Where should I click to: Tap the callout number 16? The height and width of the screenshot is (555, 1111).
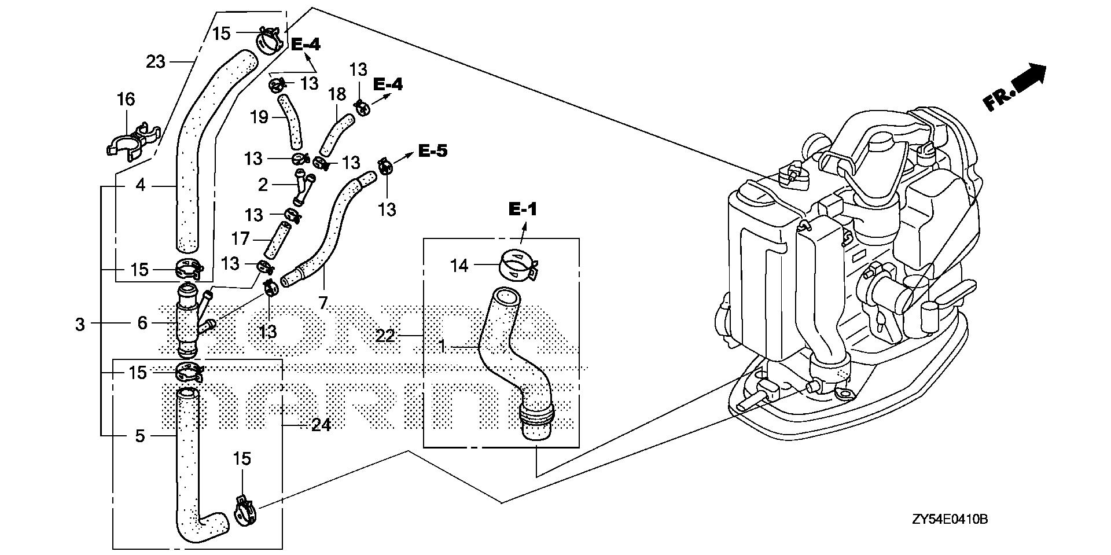tap(126, 100)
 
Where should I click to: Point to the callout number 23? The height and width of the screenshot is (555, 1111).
tap(156, 61)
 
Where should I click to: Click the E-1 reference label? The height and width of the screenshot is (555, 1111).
tap(523, 209)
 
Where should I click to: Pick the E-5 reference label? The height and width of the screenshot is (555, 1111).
tap(432, 152)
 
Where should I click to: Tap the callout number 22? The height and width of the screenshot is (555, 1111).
tap(385, 335)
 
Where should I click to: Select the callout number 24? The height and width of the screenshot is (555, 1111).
tap(321, 425)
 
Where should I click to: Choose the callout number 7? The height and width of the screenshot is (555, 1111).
tap(323, 302)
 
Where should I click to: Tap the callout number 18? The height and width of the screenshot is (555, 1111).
tap(337, 94)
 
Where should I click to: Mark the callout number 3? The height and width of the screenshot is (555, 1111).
tap(80, 324)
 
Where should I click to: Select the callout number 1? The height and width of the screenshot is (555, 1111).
tap(443, 347)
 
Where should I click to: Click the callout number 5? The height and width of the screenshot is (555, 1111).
tap(140, 435)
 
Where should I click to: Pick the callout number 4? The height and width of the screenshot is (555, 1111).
tap(140, 186)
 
